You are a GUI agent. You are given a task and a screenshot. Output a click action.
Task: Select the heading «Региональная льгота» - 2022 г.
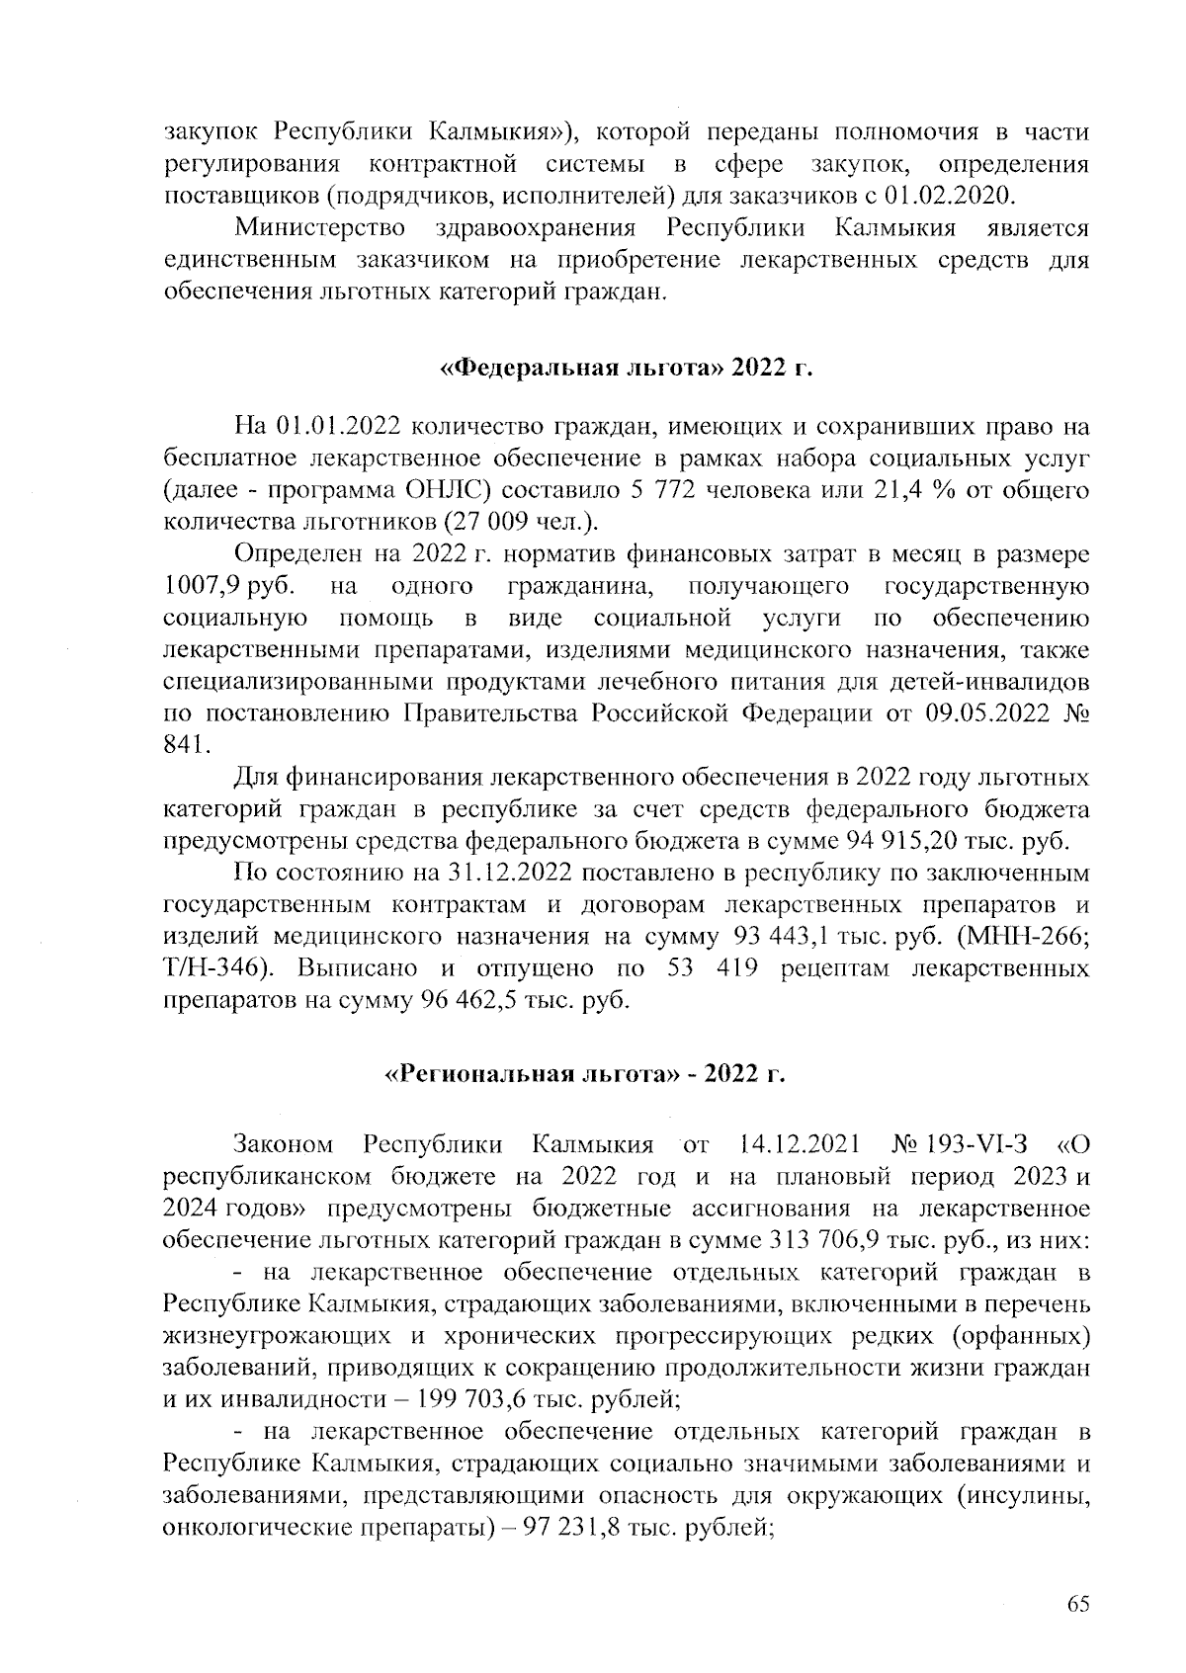coord(584,1074)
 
